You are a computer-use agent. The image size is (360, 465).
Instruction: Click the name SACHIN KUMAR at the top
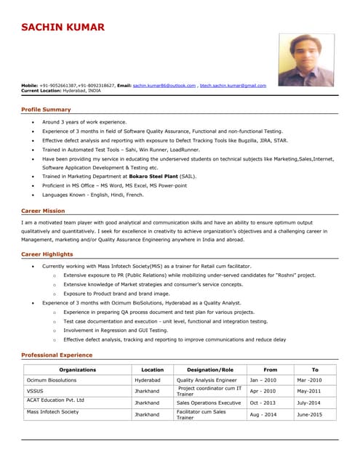[x=63, y=28]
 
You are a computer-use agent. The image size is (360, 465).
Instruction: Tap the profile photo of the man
[x=306, y=60]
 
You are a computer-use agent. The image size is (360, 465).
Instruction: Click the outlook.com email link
[x=164, y=86]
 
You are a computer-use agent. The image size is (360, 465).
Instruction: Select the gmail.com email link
[x=233, y=86]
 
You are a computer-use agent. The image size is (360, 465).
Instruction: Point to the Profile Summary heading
[x=46, y=109]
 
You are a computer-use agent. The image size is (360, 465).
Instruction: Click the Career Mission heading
[x=43, y=211]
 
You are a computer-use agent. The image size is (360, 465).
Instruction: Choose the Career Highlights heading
[x=47, y=254]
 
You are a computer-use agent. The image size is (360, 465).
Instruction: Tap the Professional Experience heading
[x=57, y=355]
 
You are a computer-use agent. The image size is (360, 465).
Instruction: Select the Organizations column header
[x=78, y=370]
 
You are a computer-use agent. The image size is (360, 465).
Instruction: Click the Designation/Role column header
[x=210, y=370]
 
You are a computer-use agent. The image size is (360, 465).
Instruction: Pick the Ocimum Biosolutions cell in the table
[x=51, y=380]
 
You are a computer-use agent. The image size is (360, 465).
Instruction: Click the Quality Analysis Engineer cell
[x=207, y=380]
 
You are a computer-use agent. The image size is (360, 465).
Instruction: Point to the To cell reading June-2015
[x=309, y=414]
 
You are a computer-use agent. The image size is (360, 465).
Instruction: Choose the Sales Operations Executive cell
[x=209, y=403]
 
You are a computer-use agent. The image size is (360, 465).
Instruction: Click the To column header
[x=315, y=370]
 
